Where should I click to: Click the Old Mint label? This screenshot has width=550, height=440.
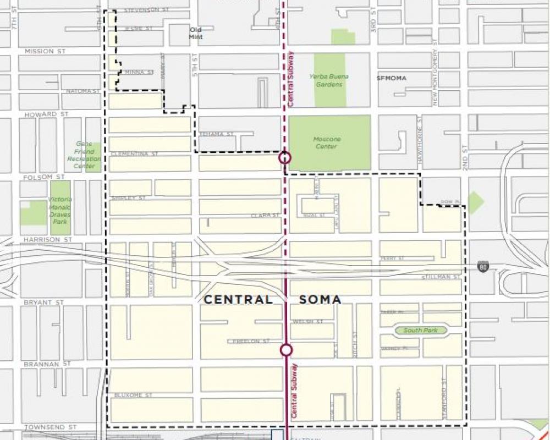pos(196,33)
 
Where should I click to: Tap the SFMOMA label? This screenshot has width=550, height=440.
pos(392,78)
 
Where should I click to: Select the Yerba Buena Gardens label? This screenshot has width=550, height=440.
pos(329,80)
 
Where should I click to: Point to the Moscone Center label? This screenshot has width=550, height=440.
pos(327,143)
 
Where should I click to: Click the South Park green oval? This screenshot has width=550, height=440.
pos(420,331)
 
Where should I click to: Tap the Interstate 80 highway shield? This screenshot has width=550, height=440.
pos(482,266)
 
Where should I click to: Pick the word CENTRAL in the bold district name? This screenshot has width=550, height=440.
pos(238,300)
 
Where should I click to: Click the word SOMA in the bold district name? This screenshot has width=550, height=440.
pos(320,300)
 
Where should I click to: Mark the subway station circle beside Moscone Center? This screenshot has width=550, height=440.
pos(284,158)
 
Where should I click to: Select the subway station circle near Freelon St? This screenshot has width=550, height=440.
pos(286,350)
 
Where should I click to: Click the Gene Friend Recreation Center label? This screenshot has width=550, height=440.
pos(84,155)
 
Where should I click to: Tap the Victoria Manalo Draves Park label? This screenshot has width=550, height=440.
pos(59,211)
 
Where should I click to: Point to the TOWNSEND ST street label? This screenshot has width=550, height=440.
pos(44,427)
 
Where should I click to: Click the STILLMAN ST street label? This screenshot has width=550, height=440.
pos(441,277)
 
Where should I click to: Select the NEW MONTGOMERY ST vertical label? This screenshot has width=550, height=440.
pos(435,71)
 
